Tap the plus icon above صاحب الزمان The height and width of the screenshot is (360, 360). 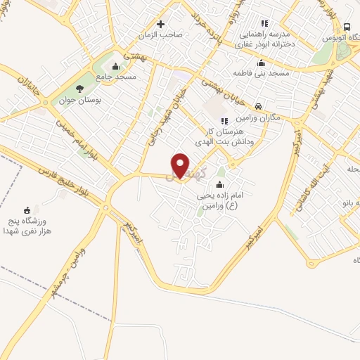click(x=160, y=23)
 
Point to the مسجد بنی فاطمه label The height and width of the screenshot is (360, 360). click(x=264, y=73)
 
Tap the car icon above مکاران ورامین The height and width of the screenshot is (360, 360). click(x=259, y=106)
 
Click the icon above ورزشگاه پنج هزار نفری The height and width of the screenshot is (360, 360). click(x=28, y=210)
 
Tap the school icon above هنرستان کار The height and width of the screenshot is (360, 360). click(x=224, y=122)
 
